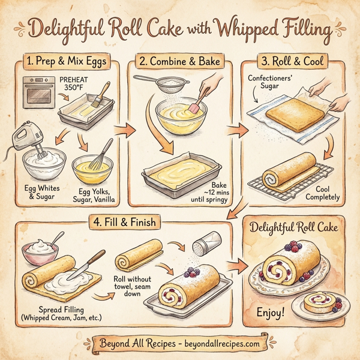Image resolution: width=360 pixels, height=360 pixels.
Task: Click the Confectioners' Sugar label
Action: (269, 85)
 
